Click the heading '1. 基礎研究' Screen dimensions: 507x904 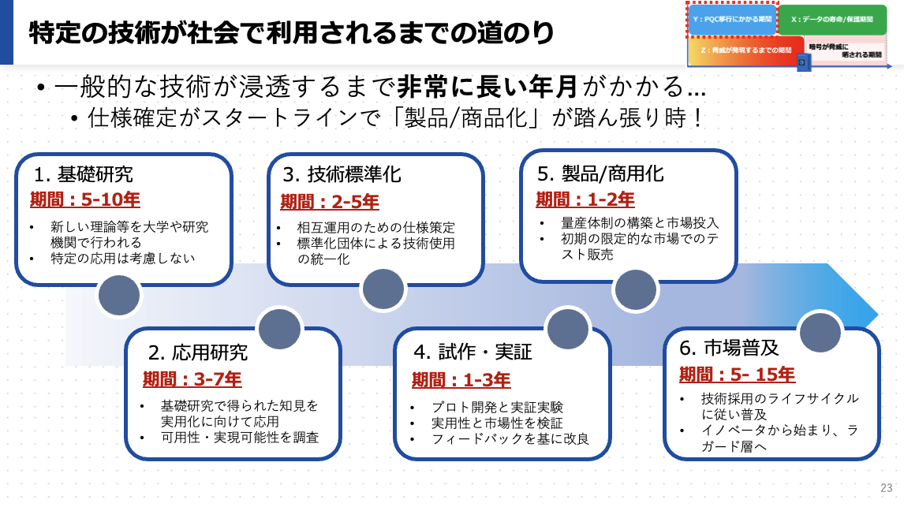83,174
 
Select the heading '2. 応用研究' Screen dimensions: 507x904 198,352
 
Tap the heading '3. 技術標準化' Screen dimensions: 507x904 342,174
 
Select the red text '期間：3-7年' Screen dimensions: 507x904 192,379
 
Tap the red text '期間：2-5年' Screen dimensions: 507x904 330,202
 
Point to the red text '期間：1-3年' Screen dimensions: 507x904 461,380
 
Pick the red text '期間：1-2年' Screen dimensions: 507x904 585,199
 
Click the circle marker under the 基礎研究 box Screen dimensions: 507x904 118,296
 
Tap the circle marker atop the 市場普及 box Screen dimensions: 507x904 820,331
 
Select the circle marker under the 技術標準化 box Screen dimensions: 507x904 383,290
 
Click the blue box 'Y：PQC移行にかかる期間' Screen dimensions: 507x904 732,18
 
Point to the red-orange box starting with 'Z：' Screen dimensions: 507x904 745,50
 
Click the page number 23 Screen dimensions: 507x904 886,487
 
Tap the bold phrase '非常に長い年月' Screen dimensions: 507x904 487,86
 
